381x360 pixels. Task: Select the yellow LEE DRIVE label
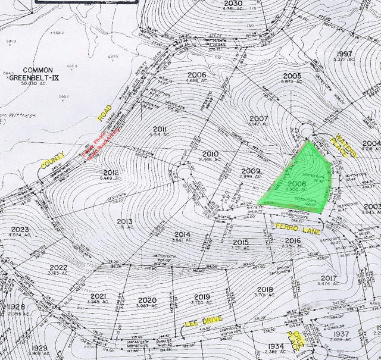tap(202, 322)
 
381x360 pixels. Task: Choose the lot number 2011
tap(160, 129)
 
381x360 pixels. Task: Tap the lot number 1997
tap(344, 54)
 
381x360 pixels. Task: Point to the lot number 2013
tap(124, 221)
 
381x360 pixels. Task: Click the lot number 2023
tap(20, 230)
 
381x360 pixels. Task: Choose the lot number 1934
tap(276, 346)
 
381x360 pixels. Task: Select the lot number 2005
tap(292, 76)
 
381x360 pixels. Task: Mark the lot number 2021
tap(98, 296)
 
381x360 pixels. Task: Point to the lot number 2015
tap(241, 242)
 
